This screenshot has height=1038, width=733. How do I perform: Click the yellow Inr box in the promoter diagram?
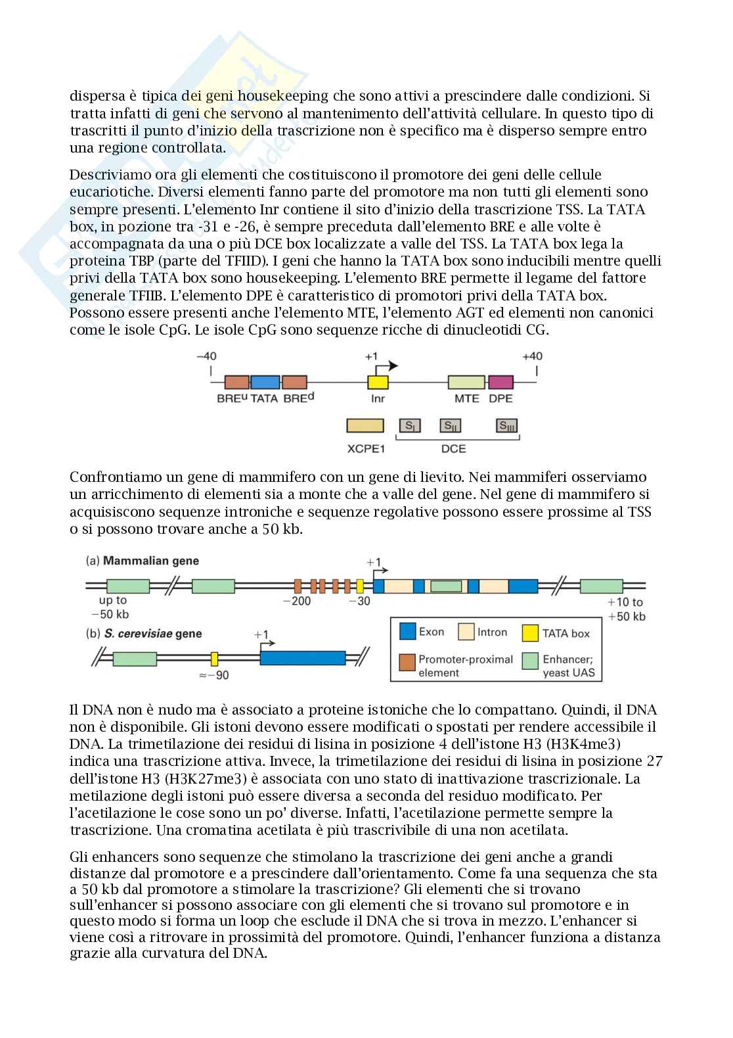(x=378, y=383)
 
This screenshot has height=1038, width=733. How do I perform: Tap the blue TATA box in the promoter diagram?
(x=265, y=383)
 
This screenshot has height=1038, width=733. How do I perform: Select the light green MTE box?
(x=466, y=383)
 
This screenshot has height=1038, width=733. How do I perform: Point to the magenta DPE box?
(x=500, y=383)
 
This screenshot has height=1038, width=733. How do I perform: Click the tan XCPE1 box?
(x=365, y=426)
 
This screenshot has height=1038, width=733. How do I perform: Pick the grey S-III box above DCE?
(x=506, y=426)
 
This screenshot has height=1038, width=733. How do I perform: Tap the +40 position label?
(x=532, y=356)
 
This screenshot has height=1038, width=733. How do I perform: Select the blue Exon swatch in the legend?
(x=408, y=632)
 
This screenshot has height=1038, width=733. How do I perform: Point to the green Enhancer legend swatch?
(x=530, y=661)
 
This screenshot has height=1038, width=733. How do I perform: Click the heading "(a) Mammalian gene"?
(x=143, y=561)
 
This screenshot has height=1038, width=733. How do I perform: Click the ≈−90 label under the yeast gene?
(x=214, y=675)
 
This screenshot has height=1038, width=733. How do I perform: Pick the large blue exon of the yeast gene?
(x=303, y=658)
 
